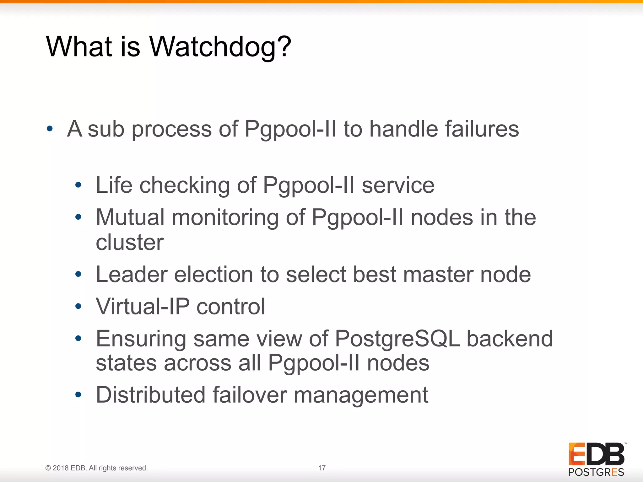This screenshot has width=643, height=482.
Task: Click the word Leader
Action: (132, 274)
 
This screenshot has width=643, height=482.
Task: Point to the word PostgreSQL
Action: (397, 339)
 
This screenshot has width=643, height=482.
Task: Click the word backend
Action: (510, 339)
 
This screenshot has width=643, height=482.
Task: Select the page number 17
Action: (321, 468)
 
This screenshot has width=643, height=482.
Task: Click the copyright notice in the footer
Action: (96, 468)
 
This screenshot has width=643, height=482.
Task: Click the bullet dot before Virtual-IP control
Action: (78, 306)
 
